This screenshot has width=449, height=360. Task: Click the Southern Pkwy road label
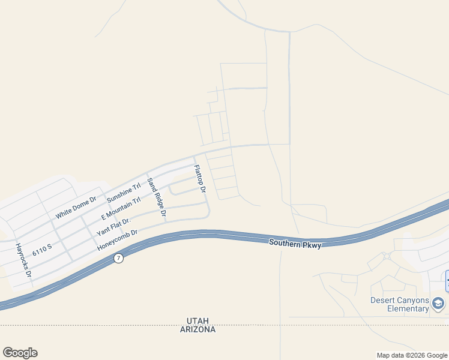(x=295, y=243)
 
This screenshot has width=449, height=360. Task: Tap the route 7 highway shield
(x=118, y=258)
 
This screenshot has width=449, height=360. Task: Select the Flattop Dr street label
(x=200, y=179)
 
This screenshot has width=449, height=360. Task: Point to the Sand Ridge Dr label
(x=156, y=198)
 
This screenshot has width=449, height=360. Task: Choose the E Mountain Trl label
(x=121, y=208)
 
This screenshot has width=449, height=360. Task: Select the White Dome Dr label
(x=76, y=207)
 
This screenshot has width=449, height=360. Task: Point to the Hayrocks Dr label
(x=23, y=260)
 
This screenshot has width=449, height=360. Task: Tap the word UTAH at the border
(x=197, y=321)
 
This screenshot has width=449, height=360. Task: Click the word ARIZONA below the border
(x=197, y=329)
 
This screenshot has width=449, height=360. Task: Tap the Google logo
(x=20, y=353)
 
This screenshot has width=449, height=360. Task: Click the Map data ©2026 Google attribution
(x=412, y=355)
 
